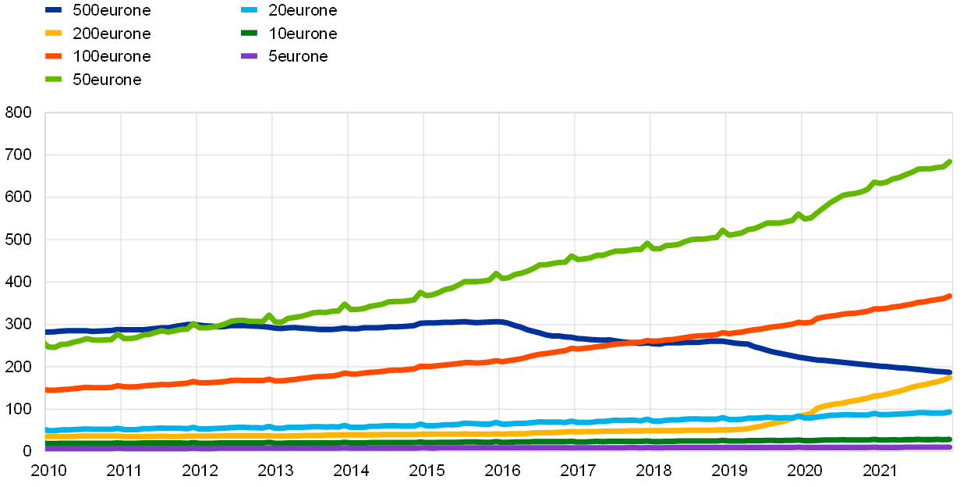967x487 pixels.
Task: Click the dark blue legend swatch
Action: [x=53, y=10]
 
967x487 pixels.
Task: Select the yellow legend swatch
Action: [x=53, y=33]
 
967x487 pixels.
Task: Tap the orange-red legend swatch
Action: [x=53, y=56]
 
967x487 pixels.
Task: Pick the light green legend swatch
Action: [x=53, y=79]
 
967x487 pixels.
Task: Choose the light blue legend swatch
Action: [x=249, y=10]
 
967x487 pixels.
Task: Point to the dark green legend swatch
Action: [x=249, y=33]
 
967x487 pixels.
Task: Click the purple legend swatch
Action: [x=249, y=56]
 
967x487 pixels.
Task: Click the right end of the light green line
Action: [x=951, y=162]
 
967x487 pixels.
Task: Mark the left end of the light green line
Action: [x=47, y=344]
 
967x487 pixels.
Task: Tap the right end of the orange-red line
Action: [x=951, y=296]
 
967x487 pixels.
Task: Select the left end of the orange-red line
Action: [x=47, y=389]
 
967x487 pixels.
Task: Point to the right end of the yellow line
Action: [x=951, y=378]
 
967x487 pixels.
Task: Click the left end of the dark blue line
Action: [x=47, y=332]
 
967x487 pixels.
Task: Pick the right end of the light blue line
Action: [x=951, y=411]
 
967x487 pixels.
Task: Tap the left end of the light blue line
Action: [x=47, y=430]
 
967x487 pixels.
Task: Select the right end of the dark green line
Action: [x=951, y=439]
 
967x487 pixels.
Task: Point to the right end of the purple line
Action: [x=951, y=447]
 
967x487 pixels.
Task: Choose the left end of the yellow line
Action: [x=47, y=435]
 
